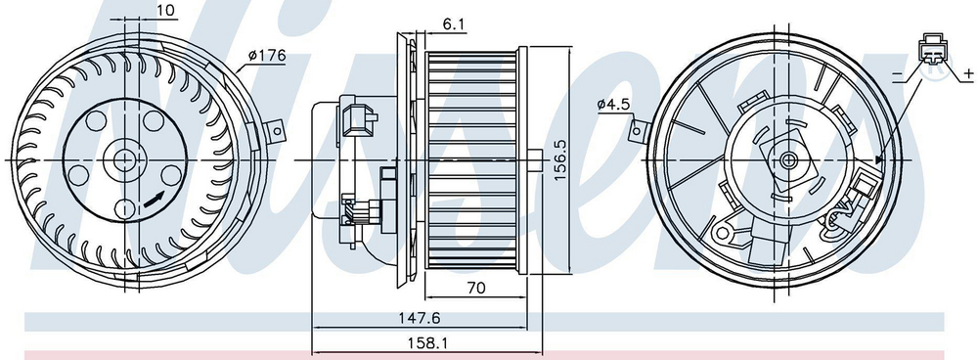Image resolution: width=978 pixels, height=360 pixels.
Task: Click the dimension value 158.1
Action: pyautogui.click(x=427, y=342)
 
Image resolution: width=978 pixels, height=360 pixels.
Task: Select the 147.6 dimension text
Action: pyautogui.click(x=420, y=318)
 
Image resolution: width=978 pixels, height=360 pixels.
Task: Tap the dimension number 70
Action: pyautogui.click(x=475, y=288)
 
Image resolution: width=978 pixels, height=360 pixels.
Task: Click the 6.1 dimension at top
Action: pyautogui.click(x=454, y=24)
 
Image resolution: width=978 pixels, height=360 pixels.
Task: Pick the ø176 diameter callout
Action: pyautogui.click(x=266, y=56)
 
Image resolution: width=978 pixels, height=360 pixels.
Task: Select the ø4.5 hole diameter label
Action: pyautogui.click(x=612, y=105)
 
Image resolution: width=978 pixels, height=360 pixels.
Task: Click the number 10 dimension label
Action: pyautogui.click(x=165, y=10)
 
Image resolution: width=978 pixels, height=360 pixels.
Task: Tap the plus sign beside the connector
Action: pyautogui.click(x=968, y=74)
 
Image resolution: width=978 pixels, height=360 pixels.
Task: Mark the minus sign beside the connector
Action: pyautogui.click(x=898, y=75)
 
